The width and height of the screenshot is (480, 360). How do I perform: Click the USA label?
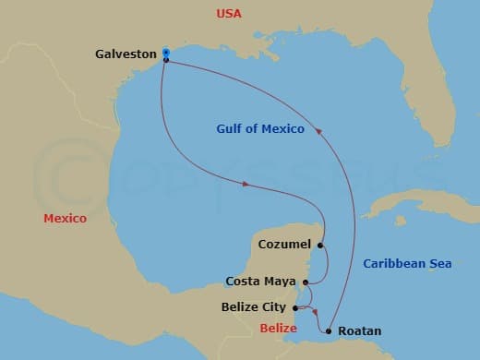pyautogui.click(x=229, y=14)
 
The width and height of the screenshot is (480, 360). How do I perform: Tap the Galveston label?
pyautogui.click(x=126, y=54)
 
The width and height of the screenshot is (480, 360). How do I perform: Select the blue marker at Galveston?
pyautogui.click(x=165, y=52)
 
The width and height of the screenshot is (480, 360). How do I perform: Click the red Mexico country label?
pyautogui.click(x=65, y=219)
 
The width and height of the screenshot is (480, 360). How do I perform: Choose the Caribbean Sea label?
pyautogui.click(x=407, y=264)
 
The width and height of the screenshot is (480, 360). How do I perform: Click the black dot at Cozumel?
pyautogui.click(x=320, y=246)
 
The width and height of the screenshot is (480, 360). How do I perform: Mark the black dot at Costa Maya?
pyautogui.click(x=305, y=281)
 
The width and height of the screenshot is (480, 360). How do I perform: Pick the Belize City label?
pyautogui.click(x=254, y=306)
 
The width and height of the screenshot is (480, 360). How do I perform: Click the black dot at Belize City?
pyautogui.click(x=294, y=306)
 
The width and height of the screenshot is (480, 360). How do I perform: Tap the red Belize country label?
pyautogui.click(x=278, y=329)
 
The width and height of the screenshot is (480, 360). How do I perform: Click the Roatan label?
pyautogui.click(x=359, y=330)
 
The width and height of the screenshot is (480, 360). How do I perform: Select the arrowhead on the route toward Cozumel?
pyautogui.click(x=246, y=185)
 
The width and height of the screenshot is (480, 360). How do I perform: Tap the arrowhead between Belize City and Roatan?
pyautogui.click(x=316, y=312)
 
